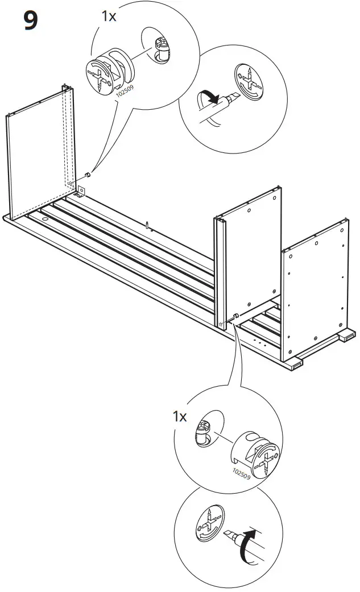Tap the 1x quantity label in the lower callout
180,417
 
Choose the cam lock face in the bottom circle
210,524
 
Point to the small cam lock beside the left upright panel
88,174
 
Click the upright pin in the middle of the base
147,224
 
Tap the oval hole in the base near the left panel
45,218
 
